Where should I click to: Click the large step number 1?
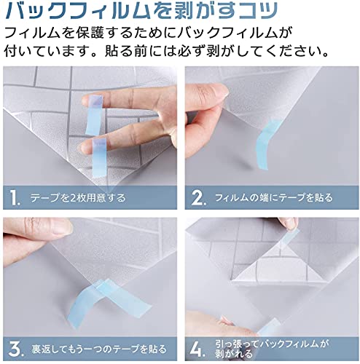pos(15,197)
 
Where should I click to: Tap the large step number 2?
pos(198,197)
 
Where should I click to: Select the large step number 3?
pos(15,349)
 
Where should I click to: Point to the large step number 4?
pos(197,349)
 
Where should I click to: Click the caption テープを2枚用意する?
pos(78,198)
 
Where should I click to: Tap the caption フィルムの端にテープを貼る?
pos(273,198)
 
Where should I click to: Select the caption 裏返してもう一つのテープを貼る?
pos(98,349)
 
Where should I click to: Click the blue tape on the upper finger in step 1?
pos(94,115)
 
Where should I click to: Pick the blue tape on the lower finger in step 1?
pos(100,159)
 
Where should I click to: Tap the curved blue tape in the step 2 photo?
pos(266,144)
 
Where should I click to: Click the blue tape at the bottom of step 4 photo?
pos(268,327)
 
